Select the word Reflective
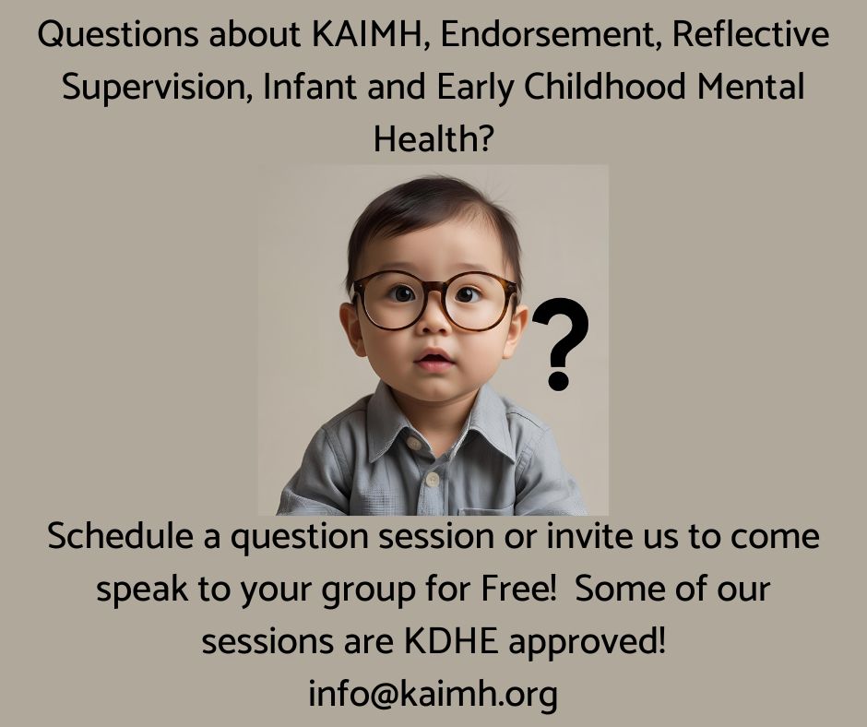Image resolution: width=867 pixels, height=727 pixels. [751, 34]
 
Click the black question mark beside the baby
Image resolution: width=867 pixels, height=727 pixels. [560, 343]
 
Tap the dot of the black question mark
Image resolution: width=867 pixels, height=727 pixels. [558, 380]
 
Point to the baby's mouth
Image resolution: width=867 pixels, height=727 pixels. [434, 359]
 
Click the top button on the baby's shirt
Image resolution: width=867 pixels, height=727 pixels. [413, 443]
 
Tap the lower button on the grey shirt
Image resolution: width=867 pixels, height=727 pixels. [433, 479]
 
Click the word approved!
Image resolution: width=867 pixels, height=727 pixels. [587, 642]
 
